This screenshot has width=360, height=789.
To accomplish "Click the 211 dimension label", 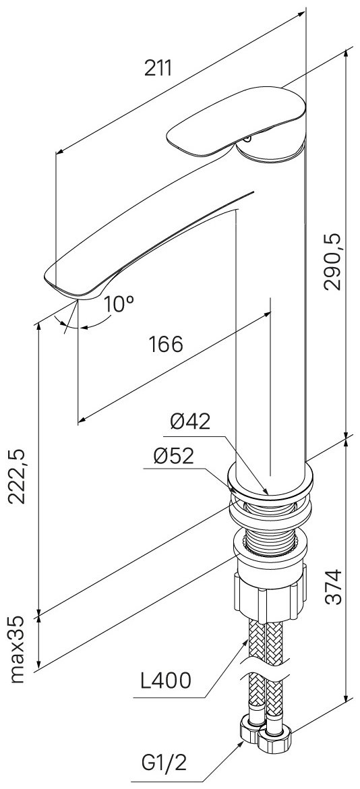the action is pyautogui.click(x=158, y=68).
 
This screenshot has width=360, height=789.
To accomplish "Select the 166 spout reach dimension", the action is pyautogui.click(x=165, y=344).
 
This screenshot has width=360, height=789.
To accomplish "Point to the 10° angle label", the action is pyautogui.click(x=119, y=304).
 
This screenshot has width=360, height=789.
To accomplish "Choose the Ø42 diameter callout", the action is pyautogui.click(x=190, y=421).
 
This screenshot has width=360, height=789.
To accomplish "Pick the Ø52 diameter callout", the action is pyautogui.click(x=173, y=457).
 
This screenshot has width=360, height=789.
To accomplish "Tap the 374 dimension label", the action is pyautogui.click(x=332, y=586).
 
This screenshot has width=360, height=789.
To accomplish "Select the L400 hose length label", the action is pyautogui.click(x=165, y=681).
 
